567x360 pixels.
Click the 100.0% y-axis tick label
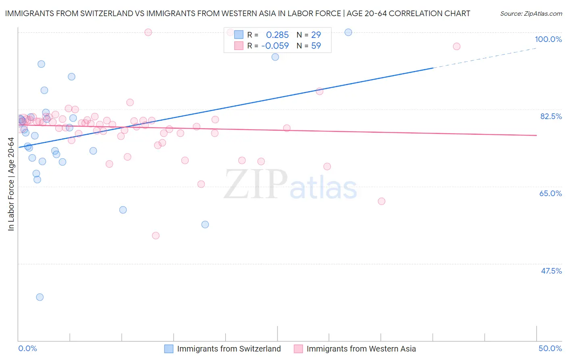coord(548,39)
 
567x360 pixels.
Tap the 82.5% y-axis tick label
coord(550,116)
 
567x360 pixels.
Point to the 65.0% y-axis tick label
coord(550,193)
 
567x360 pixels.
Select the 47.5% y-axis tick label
coord(551,271)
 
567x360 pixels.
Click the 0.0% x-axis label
coord(27,348)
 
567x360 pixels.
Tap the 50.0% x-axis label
coord(550,348)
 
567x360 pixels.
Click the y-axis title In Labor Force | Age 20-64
coord(11,184)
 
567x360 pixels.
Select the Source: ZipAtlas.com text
coord(531,14)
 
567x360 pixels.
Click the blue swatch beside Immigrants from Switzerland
coord(169,349)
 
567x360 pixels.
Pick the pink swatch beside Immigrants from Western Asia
coord(298,349)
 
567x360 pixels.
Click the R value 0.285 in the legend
coord(277,35)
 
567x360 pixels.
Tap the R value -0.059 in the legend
coord(275,46)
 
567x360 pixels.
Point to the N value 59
coord(316,46)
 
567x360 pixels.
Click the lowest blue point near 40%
coord(40,297)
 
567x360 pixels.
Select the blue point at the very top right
coord(348,32)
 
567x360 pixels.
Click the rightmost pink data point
coord(457,46)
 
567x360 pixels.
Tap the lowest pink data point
coord(156,236)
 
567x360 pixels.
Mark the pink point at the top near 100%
coord(148,32)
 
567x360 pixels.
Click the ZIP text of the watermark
coord(256,184)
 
